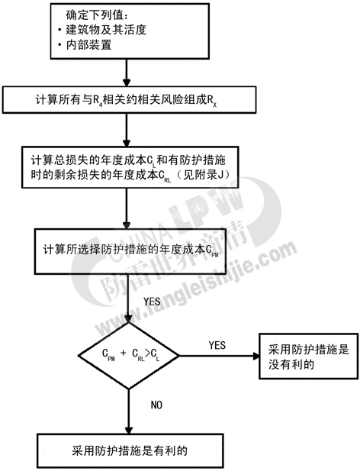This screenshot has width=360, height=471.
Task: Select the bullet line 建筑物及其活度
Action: click(x=102, y=30)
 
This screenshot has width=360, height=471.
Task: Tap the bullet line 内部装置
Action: click(x=85, y=45)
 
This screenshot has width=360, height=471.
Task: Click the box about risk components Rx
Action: click(x=130, y=100)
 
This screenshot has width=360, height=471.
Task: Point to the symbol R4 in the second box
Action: click(x=96, y=101)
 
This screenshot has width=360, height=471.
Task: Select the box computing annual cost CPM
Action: click(x=130, y=251)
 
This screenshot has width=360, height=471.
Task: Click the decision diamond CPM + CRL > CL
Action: click(x=129, y=356)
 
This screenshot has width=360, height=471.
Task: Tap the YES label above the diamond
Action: click(x=152, y=302)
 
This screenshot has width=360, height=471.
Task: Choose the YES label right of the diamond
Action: click(x=217, y=346)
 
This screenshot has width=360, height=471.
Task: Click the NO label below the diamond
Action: click(x=156, y=405)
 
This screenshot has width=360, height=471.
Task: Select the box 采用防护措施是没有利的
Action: click(x=309, y=356)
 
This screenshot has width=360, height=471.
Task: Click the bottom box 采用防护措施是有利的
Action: click(x=130, y=450)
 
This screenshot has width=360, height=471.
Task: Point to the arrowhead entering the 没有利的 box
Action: click(x=256, y=356)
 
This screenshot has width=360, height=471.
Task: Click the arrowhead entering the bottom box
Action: click(x=129, y=430)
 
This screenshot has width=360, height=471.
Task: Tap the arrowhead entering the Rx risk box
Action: click(x=127, y=83)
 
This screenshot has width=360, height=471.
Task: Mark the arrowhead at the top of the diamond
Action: click(x=129, y=319)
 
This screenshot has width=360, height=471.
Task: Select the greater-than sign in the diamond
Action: click(x=147, y=354)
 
